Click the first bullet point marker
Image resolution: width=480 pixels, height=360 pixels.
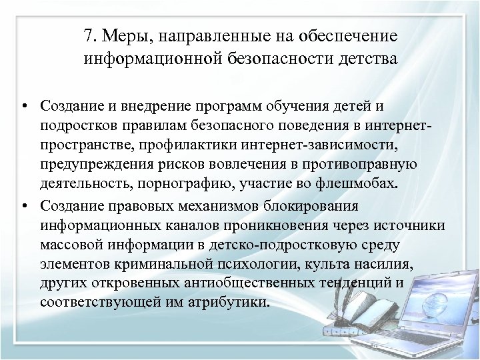click(23, 107)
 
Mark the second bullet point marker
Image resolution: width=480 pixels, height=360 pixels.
click(23, 205)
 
